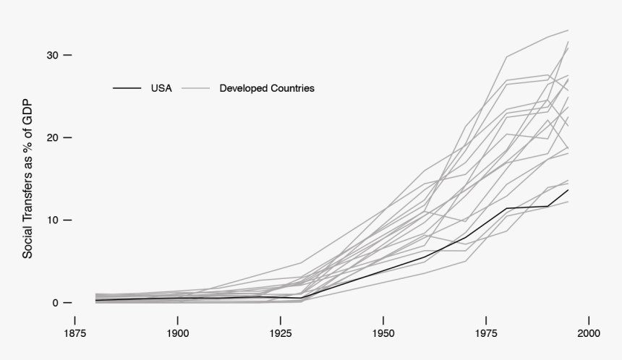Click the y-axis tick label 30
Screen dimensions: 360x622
click(51, 55)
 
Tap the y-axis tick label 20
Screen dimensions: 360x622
click(51, 137)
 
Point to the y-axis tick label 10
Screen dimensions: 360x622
click(51, 220)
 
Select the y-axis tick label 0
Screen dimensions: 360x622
click(54, 302)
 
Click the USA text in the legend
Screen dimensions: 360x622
click(161, 88)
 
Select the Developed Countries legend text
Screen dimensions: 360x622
click(267, 88)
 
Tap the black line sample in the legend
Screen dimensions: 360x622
click(127, 88)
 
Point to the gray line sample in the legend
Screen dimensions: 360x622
click(195, 88)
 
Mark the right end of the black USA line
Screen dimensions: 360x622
click(568, 189)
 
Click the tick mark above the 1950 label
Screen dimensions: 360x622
click(383, 320)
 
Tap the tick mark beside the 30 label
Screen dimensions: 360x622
click(67, 55)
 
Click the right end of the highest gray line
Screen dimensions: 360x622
click(568, 30)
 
